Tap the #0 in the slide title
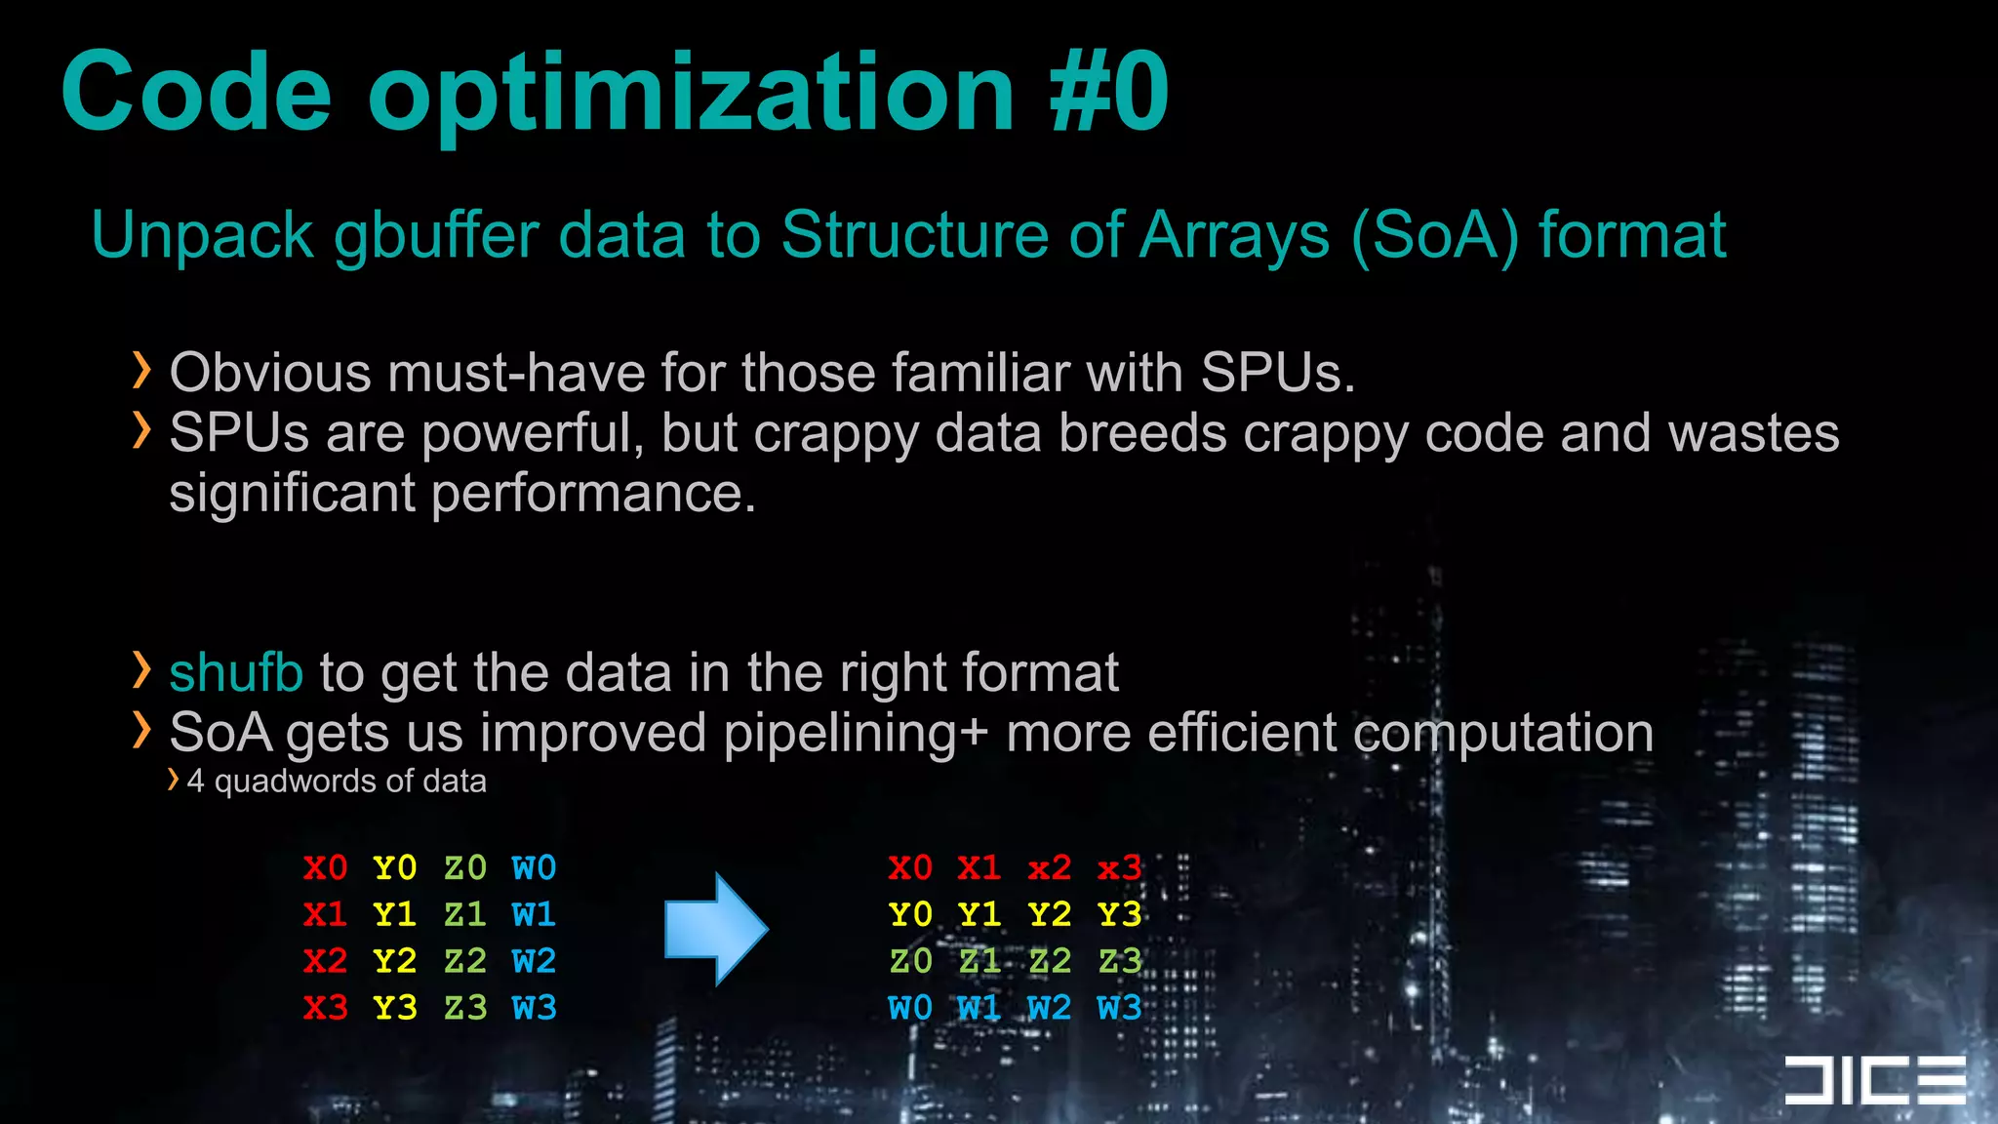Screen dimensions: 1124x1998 pos(1108,93)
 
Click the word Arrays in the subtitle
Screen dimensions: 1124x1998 pos(1235,235)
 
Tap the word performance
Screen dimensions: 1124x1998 pos(593,493)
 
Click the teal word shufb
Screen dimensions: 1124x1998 pos(236,672)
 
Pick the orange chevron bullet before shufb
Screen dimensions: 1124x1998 pos(142,670)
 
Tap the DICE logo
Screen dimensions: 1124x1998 pos(1874,1080)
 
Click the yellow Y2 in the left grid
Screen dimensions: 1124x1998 pos(395,961)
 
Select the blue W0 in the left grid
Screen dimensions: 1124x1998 pos(534,867)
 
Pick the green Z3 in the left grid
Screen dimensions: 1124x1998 pos(464,1008)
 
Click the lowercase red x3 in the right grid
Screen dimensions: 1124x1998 pos(1118,867)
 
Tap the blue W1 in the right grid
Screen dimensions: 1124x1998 pos(979,1008)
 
